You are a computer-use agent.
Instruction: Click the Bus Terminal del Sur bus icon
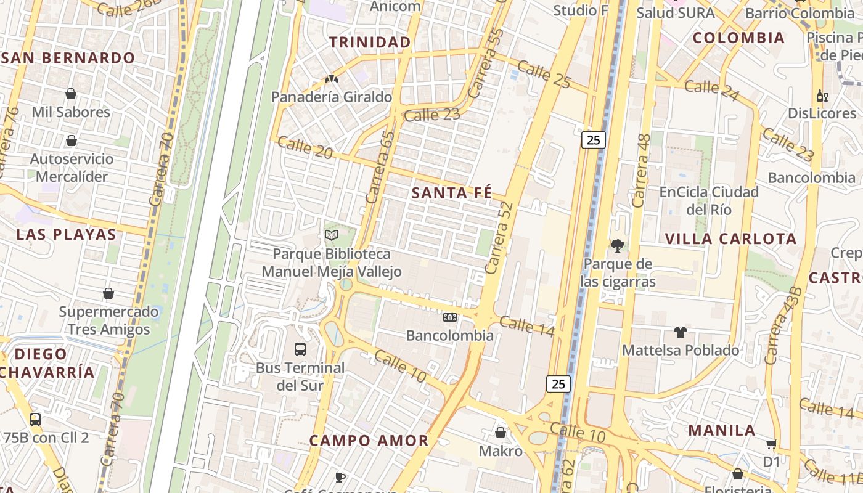(300, 349)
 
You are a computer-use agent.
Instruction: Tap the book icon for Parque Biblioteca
(332, 235)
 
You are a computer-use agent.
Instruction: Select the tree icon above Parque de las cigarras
(617, 246)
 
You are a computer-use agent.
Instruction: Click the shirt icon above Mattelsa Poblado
(680, 332)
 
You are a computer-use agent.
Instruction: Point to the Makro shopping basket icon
(501, 433)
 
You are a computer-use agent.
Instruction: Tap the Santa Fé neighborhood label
(452, 193)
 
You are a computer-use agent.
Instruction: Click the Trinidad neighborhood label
(370, 42)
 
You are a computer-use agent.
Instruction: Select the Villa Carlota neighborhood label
(731, 238)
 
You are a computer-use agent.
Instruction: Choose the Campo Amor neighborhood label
(369, 441)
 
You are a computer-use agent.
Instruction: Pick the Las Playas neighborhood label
(66, 234)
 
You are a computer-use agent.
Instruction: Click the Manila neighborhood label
(722, 430)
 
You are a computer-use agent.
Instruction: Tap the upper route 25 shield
(593, 140)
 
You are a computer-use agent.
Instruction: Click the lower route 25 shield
(558, 384)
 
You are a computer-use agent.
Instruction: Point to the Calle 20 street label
(305, 147)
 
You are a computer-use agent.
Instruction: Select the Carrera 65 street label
(380, 168)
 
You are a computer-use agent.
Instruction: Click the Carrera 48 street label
(641, 171)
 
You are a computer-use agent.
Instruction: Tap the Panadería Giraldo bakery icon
(332, 79)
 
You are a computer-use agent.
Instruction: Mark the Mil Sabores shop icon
(71, 94)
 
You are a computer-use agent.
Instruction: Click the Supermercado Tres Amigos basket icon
(108, 293)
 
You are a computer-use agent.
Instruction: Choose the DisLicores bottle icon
(821, 96)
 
